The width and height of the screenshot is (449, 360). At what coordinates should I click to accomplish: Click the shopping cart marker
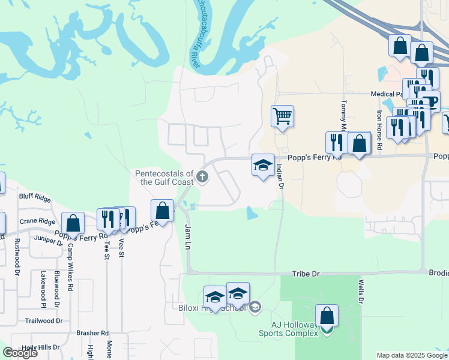tap(282, 116)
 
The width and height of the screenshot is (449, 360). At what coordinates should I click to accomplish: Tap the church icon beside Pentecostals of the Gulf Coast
tap(203, 177)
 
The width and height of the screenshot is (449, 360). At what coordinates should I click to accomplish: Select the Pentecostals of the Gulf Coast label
tap(164, 177)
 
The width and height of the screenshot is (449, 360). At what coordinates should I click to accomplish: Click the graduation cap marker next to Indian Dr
tap(263, 166)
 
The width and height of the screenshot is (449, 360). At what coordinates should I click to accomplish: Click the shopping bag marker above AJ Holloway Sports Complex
tap(327, 316)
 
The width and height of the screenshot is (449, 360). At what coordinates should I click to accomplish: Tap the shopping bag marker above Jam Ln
tap(162, 211)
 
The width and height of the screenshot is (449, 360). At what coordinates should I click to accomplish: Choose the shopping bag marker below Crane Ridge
tap(73, 223)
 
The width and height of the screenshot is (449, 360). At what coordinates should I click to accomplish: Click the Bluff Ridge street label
tap(35, 196)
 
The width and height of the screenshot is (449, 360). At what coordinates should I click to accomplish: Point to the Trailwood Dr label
tap(44, 320)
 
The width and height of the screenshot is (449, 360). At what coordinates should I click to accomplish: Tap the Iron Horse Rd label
tap(379, 130)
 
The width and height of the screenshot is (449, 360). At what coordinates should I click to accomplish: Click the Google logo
tap(20, 353)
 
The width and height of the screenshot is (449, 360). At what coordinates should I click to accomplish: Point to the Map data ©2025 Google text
tap(412, 355)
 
